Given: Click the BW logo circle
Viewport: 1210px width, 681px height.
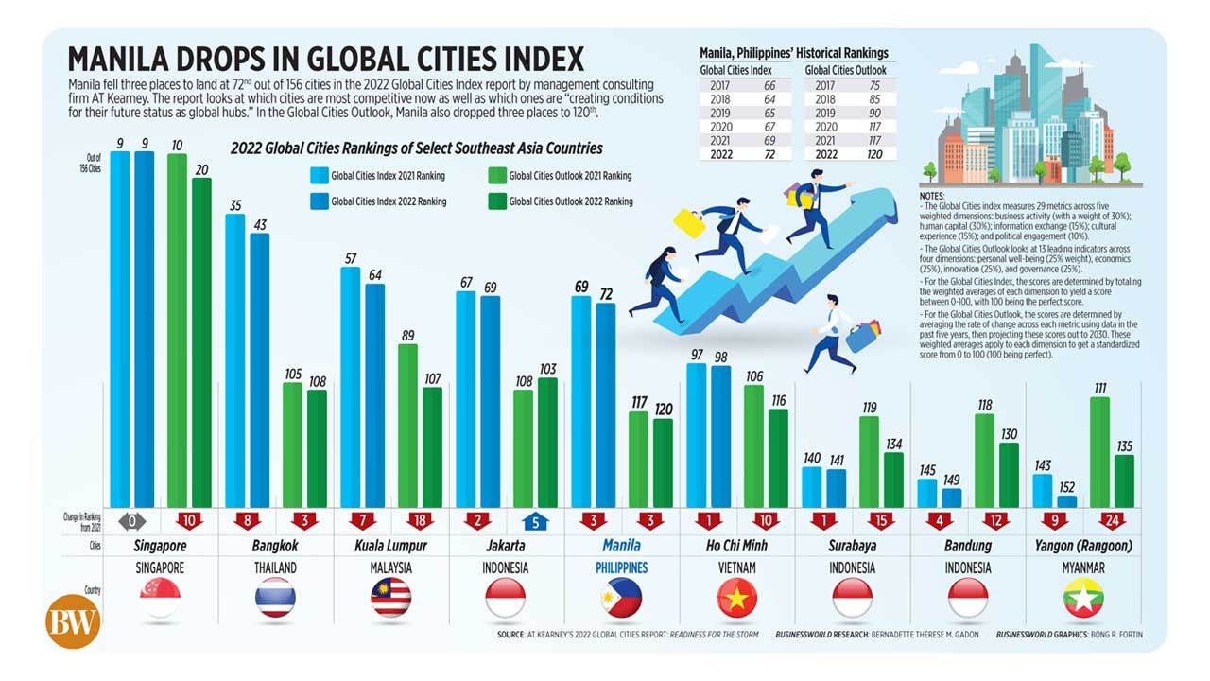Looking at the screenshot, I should pyautogui.click(x=73, y=620).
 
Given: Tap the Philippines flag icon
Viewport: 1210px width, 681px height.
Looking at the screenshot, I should pyautogui.click(x=621, y=598).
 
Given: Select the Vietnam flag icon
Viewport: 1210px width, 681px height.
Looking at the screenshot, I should pyautogui.click(x=736, y=598).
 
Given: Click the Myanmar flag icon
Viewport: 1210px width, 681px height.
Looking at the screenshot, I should pyautogui.click(x=1082, y=598).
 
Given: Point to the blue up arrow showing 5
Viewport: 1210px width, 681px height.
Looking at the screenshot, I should pyautogui.click(x=534, y=519).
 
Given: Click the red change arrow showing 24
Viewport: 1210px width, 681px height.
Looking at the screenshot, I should pyautogui.click(x=1112, y=519).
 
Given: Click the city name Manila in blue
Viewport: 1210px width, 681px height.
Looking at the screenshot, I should pyautogui.click(x=621, y=546).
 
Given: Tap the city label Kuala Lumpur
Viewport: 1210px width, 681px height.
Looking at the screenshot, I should pyautogui.click(x=390, y=546).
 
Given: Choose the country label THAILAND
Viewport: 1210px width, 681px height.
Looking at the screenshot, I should pyautogui.click(x=275, y=568).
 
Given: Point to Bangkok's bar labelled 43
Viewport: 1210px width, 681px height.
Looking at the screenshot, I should pyautogui.click(x=259, y=369).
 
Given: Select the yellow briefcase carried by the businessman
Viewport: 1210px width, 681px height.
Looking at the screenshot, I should pyautogui.click(x=689, y=223).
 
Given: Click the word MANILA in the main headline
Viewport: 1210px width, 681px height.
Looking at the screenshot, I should pyautogui.click(x=124, y=60).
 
